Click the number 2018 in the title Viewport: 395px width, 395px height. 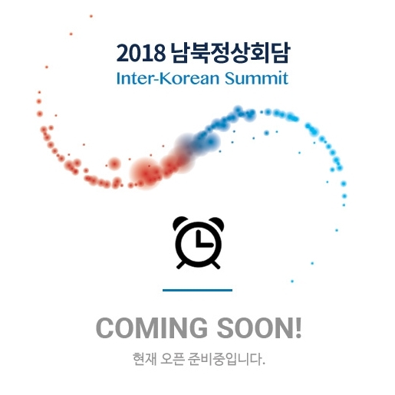tap(140, 53)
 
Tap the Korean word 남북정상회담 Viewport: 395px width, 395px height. tap(230, 52)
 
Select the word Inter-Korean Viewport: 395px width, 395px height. tap(168, 78)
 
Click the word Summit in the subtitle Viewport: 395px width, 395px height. tap(256, 78)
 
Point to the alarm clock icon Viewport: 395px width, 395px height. tap(198, 242)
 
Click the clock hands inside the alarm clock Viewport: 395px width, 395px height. tap(204, 239)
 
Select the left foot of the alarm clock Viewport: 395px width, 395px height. tap(181, 265)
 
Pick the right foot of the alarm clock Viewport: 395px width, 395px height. tap(216, 265)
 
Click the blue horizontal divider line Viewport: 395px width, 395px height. tap(197, 290)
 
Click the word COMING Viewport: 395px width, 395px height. tap(152, 328)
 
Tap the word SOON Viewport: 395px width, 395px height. tap(255, 328)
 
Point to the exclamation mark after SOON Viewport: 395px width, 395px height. tap(298, 328)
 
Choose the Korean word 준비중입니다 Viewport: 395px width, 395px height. tap(226, 359)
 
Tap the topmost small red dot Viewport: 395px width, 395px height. tap(91, 16)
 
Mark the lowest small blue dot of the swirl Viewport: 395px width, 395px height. tap(292, 281)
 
